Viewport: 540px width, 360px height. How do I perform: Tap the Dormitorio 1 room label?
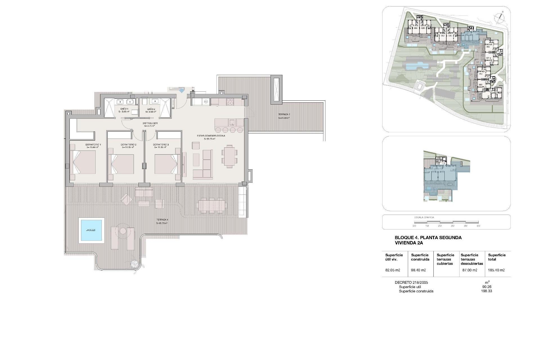tap(93, 145)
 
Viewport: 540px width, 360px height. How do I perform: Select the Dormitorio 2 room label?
tap(129, 145)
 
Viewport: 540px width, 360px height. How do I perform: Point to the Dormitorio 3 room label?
tap(161, 145)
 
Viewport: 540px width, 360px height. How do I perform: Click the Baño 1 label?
tap(124, 109)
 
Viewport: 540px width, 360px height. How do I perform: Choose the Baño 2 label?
tap(151, 109)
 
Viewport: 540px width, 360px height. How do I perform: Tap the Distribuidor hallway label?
tap(150, 123)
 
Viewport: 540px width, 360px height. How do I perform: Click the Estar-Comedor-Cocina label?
tap(211, 136)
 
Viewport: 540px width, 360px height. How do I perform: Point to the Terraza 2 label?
tap(284, 114)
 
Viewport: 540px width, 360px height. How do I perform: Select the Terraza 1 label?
tap(162, 220)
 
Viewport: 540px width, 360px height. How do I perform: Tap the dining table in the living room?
tap(229, 156)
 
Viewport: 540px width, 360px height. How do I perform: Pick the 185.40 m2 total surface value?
tap(496, 270)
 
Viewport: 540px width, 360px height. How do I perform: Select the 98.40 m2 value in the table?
tap(418, 270)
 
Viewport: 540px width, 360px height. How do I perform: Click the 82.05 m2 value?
tap(392, 270)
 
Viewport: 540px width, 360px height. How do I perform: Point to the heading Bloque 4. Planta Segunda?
tap(428, 238)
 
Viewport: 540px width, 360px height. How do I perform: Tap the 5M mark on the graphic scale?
tap(478, 226)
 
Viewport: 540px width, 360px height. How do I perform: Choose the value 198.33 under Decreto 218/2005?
tap(486, 291)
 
